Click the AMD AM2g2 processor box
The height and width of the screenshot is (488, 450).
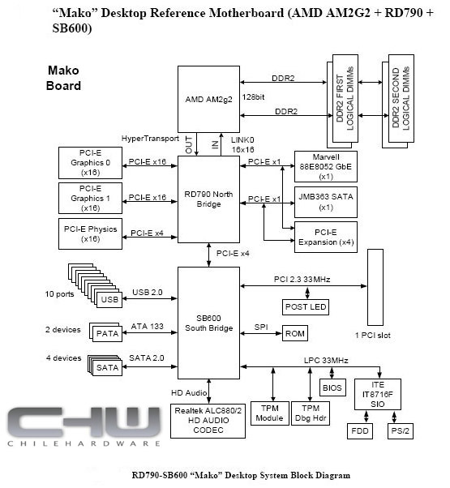click(x=208, y=99)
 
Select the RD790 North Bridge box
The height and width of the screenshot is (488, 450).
click(x=208, y=199)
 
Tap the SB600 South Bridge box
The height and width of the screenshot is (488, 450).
click(x=208, y=323)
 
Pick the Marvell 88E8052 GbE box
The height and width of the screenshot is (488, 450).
click(x=325, y=166)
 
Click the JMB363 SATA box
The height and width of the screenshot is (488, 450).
click(x=325, y=202)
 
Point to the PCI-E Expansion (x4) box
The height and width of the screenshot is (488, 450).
click(x=325, y=237)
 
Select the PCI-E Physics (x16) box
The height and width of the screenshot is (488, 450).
click(x=90, y=233)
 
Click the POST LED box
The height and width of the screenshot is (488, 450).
click(x=306, y=307)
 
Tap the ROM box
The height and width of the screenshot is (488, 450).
click(x=294, y=333)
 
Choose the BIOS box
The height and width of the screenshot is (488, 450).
click(x=332, y=387)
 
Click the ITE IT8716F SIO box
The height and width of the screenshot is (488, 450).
click(x=378, y=394)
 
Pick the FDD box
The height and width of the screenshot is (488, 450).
click(x=360, y=431)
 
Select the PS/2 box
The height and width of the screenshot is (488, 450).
click(x=401, y=431)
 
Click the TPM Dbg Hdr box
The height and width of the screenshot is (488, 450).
click(x=311, y=413)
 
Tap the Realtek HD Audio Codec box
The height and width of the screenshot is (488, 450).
click(x=208, y=421)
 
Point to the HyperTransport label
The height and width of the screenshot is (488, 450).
click(x=150, y=139)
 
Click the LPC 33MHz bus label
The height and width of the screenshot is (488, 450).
click(x=326, y=361)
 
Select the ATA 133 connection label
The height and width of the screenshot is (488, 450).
click(x=148, y=326)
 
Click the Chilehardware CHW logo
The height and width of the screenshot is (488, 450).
click(x=84, y=426)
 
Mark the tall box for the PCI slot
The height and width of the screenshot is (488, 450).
click(x=375, y=287)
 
